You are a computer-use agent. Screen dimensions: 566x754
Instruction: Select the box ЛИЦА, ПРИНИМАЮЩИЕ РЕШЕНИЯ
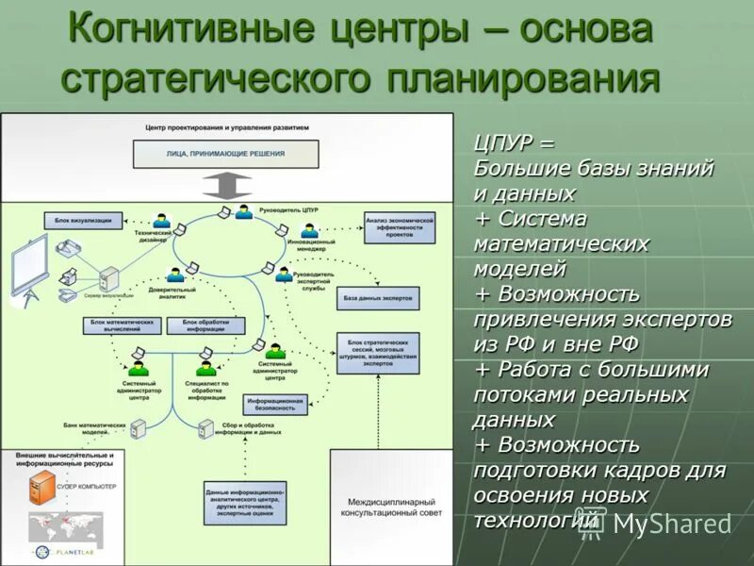(x=226, y=154)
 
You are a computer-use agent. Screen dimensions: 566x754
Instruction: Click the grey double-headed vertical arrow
(x=226, y=185)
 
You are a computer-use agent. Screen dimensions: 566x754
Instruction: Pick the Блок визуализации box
(x=83, y=220)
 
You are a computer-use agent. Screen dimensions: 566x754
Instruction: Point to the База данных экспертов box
(x=377, y=297)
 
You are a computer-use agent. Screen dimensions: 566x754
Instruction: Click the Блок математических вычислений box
(x=122, y=325)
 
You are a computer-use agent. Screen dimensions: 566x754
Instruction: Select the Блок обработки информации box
(x=205, y=325)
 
